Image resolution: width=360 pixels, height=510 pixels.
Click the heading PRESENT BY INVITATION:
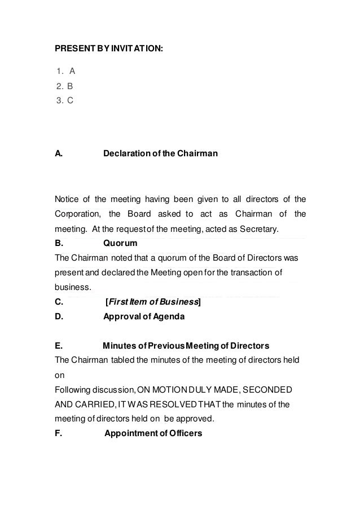(x=108, y=49)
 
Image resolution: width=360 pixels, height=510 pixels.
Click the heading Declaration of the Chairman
(x=160, y=153)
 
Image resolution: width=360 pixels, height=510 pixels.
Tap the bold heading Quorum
(x=120, y=244)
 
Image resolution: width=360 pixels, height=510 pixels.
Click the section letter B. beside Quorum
(x=59, y=244)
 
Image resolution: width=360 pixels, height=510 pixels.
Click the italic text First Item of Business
(x=153, y=302)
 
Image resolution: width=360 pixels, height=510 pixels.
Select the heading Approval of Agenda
(x=143, y=316)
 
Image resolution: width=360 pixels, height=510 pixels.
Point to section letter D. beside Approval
(x=59, y=316)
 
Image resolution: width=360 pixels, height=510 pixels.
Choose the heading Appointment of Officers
(x=153, y=433)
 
